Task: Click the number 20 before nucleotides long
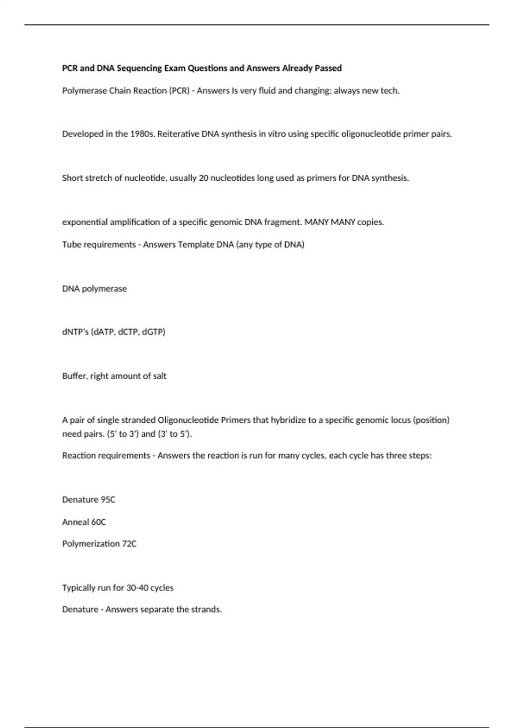[203, 178]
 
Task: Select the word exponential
[85, 222]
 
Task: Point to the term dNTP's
[75, 332]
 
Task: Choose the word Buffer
[75, 376]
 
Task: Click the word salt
[160, 376]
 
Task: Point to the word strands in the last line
[207, 609]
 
